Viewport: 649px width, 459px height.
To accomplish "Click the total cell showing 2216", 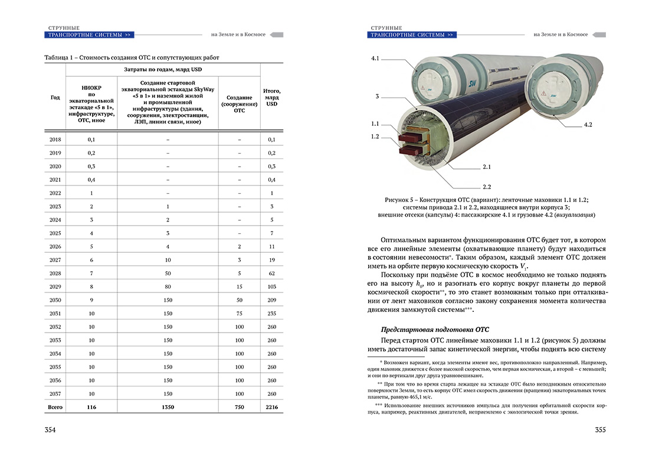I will [271, 408].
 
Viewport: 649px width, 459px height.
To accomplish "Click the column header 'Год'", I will [55, 97].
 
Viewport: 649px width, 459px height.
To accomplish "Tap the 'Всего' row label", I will [55, 408].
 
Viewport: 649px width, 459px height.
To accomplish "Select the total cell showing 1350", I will [168, 408].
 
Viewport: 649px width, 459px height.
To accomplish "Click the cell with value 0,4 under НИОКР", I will [91, 180].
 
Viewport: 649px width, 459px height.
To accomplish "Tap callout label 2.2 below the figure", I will [487, 187].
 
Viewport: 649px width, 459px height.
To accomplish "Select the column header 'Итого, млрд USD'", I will [271, 97].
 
